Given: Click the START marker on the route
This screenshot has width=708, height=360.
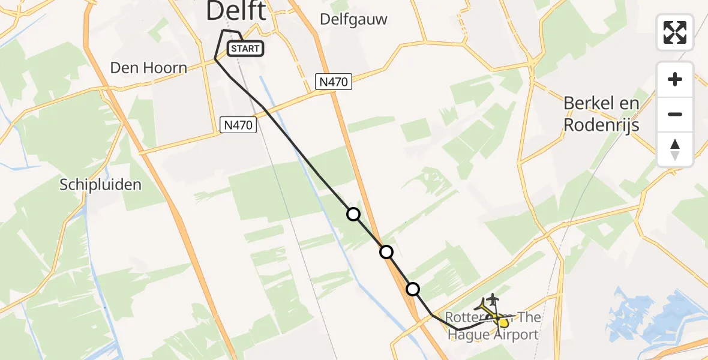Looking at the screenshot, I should coord(245,49).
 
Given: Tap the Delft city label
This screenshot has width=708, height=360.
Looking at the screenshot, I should coord(236,11).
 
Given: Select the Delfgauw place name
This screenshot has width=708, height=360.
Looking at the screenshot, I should coord(353,19).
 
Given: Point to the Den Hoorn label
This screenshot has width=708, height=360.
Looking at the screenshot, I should coord(149,68).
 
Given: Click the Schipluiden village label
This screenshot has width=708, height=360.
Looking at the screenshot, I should coord(101,185).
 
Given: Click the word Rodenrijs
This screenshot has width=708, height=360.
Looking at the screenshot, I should coord(601,125).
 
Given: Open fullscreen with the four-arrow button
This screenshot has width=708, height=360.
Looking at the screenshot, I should coord(675,32).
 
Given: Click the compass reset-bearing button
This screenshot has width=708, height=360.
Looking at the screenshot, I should coord(675,149).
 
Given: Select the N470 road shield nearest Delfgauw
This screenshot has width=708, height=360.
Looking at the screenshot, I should coord(333,82).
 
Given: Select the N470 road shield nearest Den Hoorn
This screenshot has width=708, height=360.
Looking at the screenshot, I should coord(239,125).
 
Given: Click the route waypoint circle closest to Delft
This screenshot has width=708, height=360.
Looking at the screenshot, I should coord(353,214).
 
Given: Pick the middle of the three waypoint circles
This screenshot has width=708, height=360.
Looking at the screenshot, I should coord(386,252).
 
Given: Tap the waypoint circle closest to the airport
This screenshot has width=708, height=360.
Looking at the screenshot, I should coord(413,289).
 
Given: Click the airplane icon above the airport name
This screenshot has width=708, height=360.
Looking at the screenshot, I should coord(493,298).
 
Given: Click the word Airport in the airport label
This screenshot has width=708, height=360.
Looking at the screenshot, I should coord(510,335).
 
